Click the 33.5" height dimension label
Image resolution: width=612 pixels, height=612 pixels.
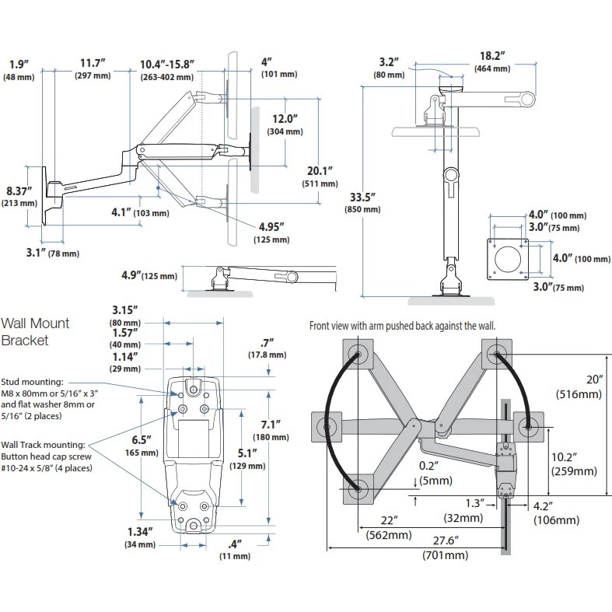click(366, 199)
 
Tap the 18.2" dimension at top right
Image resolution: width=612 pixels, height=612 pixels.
click(491, 62)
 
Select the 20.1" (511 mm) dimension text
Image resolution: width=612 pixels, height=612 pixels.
click(320, 177)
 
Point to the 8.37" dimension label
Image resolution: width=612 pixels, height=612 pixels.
click(20, 196)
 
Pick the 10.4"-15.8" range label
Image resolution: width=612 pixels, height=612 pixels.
click(166, 68)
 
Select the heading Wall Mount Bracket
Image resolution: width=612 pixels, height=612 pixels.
click(35, 331)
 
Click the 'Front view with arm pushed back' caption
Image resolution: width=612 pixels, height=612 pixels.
click(401, 326)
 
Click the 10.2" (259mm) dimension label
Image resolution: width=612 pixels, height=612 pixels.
click(574, 463)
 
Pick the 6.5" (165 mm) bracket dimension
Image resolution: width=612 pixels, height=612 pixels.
click(145, 445)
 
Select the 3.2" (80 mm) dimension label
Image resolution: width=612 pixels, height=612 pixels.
click(388, 68)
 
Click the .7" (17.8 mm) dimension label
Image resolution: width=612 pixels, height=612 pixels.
click(269, 347)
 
